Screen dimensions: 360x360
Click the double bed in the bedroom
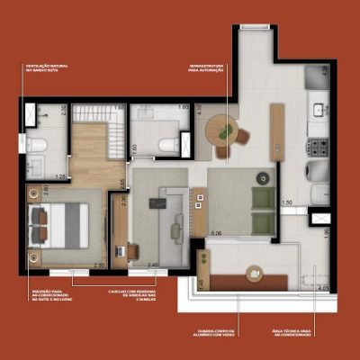(x=57, y=224)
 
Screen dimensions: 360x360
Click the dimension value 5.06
(x=216, y=233)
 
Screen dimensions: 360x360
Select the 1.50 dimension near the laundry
(x=286, y=203)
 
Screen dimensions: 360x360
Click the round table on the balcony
(x=255, y=273)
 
